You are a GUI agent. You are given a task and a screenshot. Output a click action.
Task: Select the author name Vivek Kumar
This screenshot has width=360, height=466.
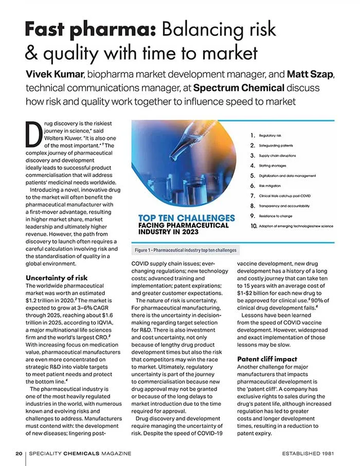[x=57, y=76]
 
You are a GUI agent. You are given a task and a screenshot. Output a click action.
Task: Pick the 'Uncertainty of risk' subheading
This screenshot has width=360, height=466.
[x=57, y=278]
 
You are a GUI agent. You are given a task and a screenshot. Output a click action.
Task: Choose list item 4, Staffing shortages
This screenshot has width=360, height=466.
[x=273, y=166]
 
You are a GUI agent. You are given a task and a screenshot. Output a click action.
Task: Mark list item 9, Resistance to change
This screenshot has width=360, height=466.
[x=277, y=216]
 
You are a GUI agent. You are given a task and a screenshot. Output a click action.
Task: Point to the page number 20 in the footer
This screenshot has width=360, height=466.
[x=18, y=453]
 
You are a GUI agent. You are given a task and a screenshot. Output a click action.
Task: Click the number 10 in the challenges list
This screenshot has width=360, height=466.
[x=253, y=226]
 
